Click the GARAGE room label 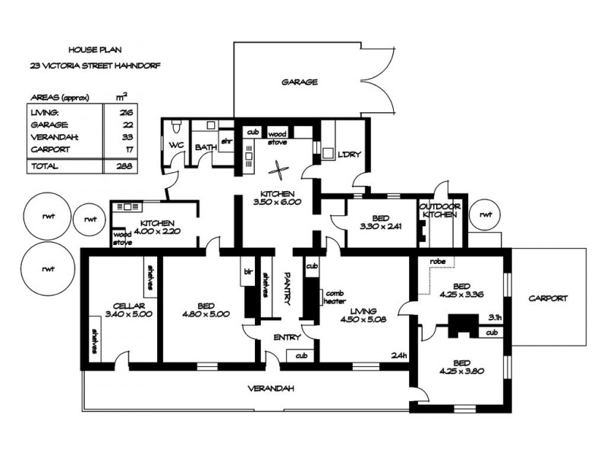click(299, 82)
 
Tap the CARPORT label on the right click(548, 299)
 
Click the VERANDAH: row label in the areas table click(51, 137)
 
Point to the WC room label click(176, 145)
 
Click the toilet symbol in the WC click(175, 124)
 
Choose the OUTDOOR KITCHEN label click(440, 210)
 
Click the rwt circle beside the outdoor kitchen click(484, 214)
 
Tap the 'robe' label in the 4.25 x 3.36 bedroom click(437, 262)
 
